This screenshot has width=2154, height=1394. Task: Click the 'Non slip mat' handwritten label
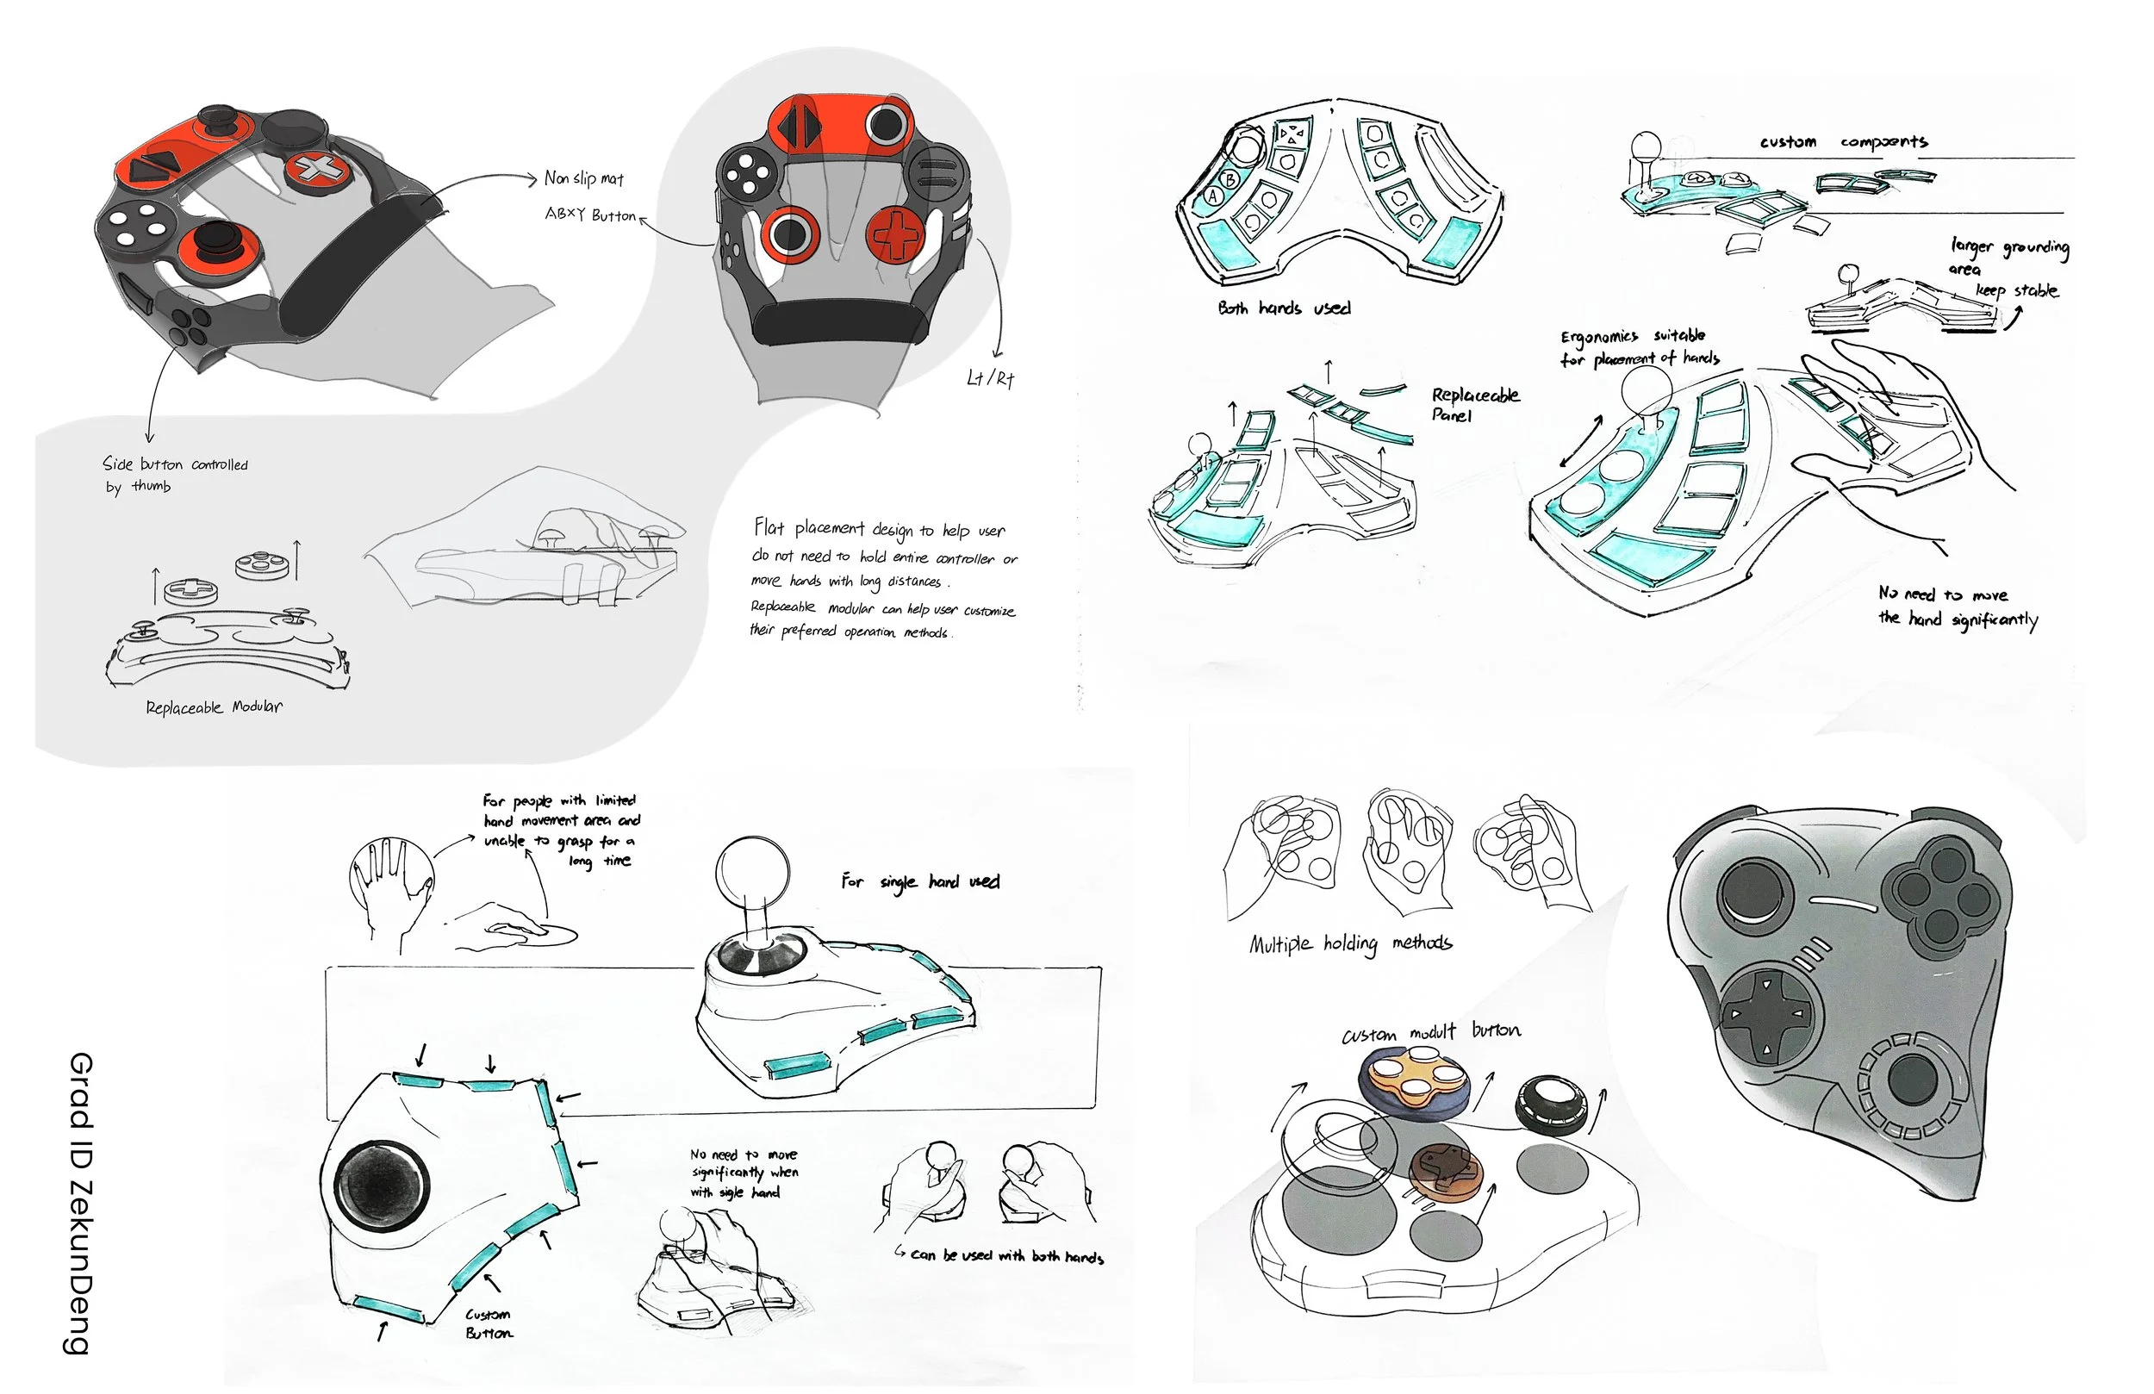click(584, 178)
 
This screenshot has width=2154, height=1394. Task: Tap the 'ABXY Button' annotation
click(590, 215)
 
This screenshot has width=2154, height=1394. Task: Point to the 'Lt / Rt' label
click(990, 378)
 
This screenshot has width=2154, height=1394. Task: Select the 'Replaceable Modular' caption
click(214, 707)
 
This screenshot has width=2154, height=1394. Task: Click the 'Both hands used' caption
click(1283, 308)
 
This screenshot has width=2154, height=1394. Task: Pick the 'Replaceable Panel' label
click(1474, 405)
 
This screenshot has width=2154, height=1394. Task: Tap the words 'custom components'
click(1843, 142)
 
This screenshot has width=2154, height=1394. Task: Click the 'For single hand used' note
click(919, 881)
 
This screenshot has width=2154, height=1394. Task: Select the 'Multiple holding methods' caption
click(1350, 944)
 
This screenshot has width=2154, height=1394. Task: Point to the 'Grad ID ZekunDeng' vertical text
click(80, 1203)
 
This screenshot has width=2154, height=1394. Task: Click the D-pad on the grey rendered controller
click(1765, 1013)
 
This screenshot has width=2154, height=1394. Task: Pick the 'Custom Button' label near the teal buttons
click(488, 1323)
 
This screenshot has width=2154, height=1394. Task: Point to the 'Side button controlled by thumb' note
click(174, 476)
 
